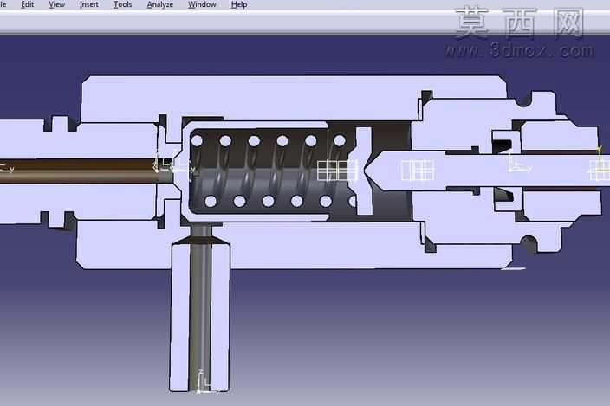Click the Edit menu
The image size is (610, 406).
pyautogui.click(x=27, y=4)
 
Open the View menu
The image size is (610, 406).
pyautogui.click(x=56, y=4)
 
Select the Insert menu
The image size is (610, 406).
pyautogui.click(x=88, y=4)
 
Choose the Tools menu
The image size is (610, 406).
pyautogui.click(x=122, y=4)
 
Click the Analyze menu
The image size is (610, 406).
pyautogui.click(x=160, y=4)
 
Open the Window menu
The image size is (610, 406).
pyautogui.click(x=202, y=4)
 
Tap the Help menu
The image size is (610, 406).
pyautogui.click(x=239, y=4)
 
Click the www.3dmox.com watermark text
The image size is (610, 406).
pyautogui.click(x=519, y=50)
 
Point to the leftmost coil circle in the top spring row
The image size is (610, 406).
pyautogui.click(x=197, y=140)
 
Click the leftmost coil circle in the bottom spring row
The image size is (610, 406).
pyautogui.click(x=211, y=201)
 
